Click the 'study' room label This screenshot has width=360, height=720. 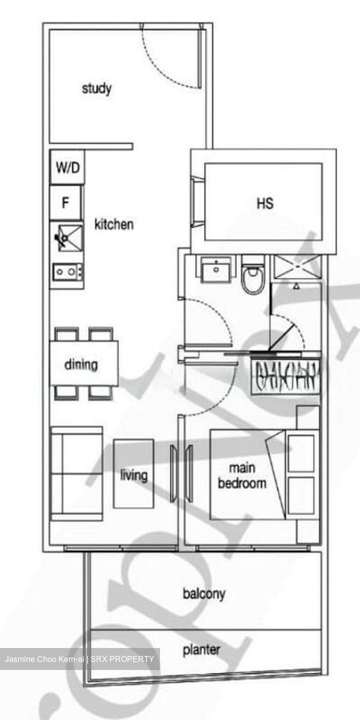coord(96,89)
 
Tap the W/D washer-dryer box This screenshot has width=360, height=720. coord(67,167)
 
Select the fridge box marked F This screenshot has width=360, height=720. coord(65,203)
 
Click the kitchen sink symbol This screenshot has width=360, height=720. coord(67,237)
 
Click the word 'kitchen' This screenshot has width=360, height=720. coord(114,224)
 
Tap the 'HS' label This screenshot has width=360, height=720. coord(265,203)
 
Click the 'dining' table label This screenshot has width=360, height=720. coord(81,364)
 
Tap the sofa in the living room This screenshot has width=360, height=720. coord(76,473)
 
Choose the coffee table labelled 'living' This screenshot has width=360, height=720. coord(133,474)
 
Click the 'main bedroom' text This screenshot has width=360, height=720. coord(242,475)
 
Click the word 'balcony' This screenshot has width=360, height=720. coord(204,594)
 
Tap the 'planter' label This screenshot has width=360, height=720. coord(201,649)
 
